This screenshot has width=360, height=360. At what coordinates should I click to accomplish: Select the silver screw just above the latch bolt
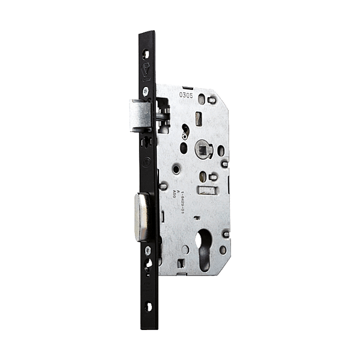[x=146, y=90]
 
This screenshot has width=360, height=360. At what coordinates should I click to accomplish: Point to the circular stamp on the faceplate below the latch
[x=147, y=160]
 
